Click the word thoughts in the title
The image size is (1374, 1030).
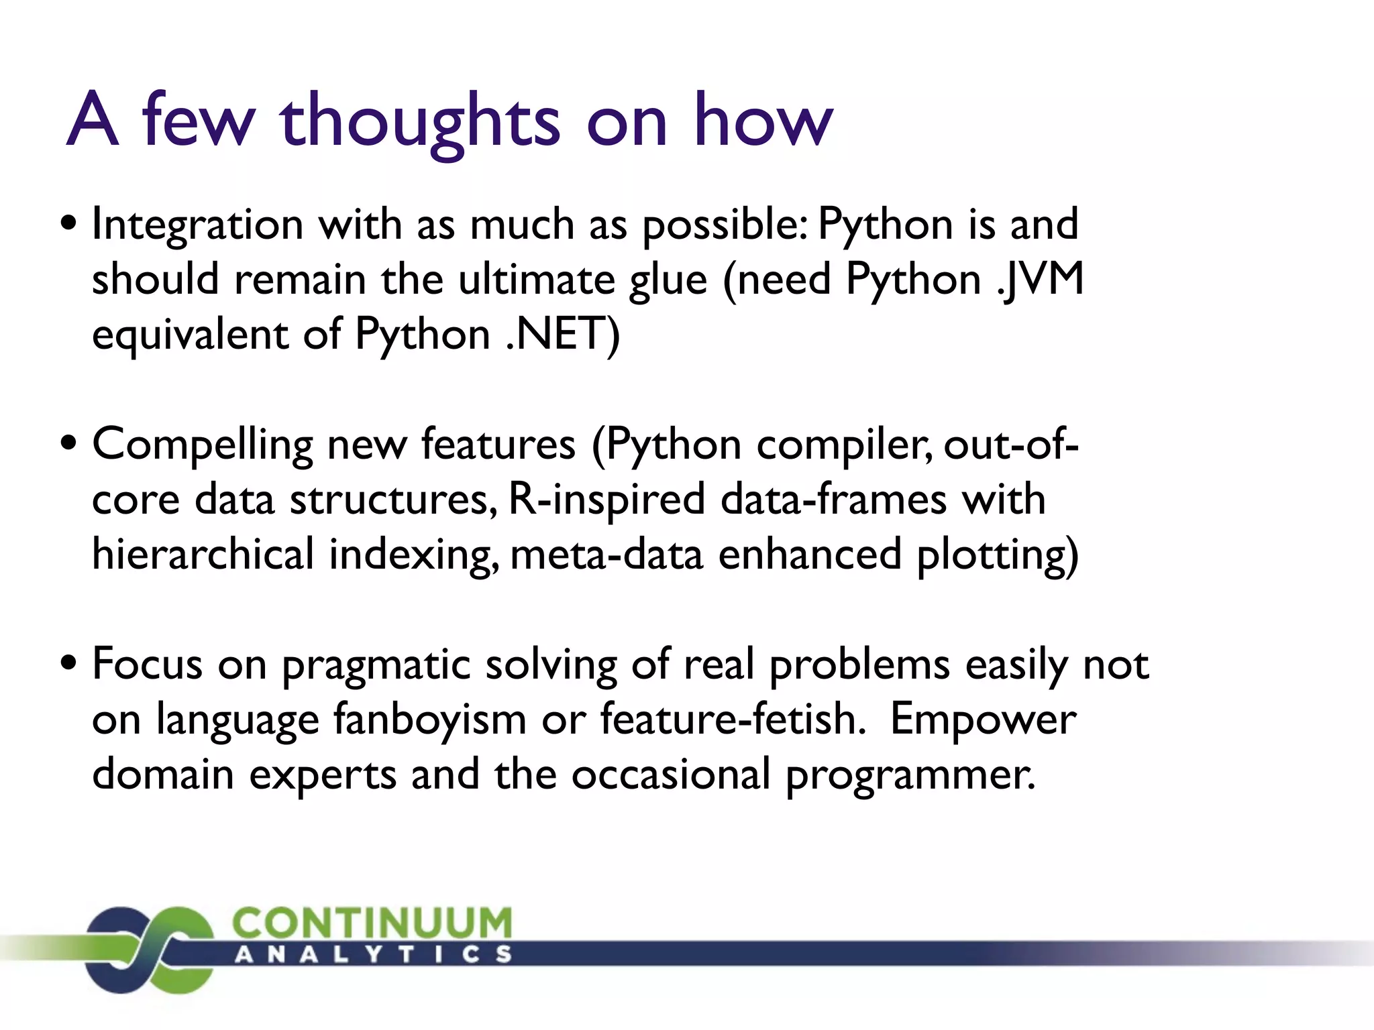(x=420, y=121)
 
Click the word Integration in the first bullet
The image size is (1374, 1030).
(x=197, y=224)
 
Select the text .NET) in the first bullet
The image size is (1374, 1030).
(x=562, y=334)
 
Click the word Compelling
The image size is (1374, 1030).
(x=202, y=445)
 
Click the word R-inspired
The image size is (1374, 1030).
(x=606, y=500)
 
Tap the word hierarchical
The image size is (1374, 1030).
(x=203, y=555)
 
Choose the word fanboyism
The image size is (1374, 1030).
(x=429, y=720)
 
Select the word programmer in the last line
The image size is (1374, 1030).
(x=910, y=775)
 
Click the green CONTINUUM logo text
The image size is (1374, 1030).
(x=372, y=923)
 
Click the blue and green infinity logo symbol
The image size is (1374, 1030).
(x=149, y=949)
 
